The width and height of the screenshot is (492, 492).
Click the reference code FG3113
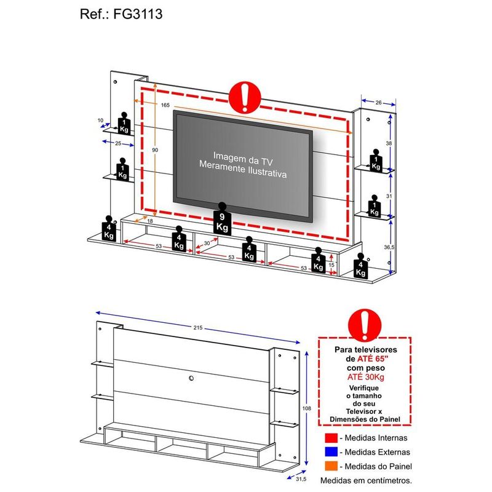click(138, 14)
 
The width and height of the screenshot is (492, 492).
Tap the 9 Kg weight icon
click(222, 219)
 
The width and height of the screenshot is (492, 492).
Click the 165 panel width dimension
click(165, 105)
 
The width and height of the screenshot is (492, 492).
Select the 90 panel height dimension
click(155, 150)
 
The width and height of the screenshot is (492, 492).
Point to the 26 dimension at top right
click(378, 103)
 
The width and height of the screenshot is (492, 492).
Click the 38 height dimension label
click(389, 143)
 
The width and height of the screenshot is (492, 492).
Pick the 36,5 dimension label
click(389, 247)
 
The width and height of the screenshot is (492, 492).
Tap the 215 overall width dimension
click(197, 328)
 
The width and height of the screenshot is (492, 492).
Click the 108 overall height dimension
click(306, 408)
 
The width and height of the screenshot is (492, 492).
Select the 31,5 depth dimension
click(301, 479)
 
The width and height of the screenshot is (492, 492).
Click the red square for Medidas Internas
click(331, 438)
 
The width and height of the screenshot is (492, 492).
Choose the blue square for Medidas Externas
click(331, 452)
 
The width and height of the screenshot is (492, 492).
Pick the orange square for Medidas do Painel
click(331, 466)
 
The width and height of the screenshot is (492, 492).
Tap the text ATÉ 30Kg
click(365, 377)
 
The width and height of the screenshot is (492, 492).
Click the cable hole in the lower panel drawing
click(191, 378)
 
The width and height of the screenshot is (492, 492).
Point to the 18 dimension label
click(150, 221)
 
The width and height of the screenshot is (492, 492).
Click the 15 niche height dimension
click(331, 265)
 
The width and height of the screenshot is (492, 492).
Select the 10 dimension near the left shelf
click(100, 120)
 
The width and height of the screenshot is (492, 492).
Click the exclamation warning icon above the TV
click(245, 97)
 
